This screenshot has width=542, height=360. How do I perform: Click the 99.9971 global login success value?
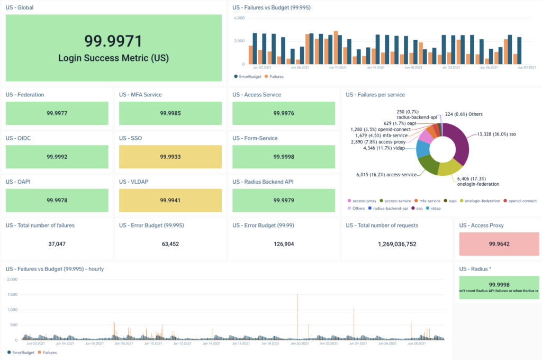113,41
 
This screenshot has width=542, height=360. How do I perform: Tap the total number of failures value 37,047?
57,244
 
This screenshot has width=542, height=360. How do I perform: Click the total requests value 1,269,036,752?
397,244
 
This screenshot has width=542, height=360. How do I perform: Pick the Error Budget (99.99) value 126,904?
284,244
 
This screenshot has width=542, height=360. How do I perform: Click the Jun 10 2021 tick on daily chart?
338,68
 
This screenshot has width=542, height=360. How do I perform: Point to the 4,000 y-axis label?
239,18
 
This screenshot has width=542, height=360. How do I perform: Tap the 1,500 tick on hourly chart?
13,294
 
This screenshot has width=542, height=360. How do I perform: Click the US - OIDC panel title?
19,138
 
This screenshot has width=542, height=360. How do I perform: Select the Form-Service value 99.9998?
284,157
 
